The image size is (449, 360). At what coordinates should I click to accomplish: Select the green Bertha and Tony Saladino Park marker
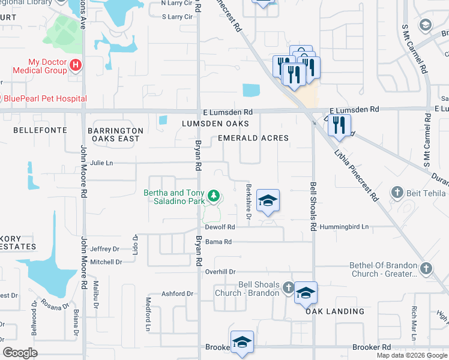pyautogui.click(x=212, y=196)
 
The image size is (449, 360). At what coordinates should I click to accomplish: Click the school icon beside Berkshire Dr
pyautogui.click(x=268, y=200)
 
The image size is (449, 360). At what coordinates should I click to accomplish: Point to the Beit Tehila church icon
pyautogui.click(x=396, y=193)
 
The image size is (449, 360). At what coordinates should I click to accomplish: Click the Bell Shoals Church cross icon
pyautogui.click(x=288, y=288)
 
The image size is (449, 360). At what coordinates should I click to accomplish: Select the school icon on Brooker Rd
pyautogui.click(x=242, y=342)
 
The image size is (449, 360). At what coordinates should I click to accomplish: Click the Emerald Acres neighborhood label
pyautogui.click(x=253, y=138)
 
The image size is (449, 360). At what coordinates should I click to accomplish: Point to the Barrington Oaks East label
pyautogui.click(x=115, y=134)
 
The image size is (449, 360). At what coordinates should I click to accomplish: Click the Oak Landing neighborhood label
pyautogui.click(x=335, y=311)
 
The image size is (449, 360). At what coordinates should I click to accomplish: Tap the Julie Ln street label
pyautogui.click(x=101, y=163)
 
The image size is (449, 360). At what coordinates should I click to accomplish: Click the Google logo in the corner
pyautogui.click(x=20, y=353)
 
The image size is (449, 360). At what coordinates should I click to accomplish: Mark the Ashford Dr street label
pyautogui.click(x=178, y=293)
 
